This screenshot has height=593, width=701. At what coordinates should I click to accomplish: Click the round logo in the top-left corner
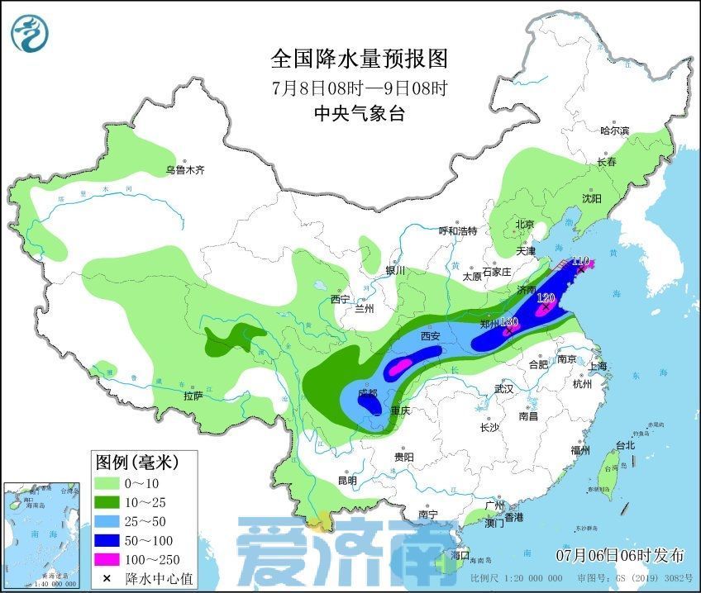30,33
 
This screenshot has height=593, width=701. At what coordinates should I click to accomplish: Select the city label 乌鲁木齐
184,170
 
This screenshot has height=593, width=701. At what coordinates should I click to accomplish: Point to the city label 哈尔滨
614,130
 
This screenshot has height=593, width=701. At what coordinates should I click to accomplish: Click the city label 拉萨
193,396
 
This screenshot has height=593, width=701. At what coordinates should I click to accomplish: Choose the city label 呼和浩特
457,231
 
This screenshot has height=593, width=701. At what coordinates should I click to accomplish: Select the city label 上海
597,366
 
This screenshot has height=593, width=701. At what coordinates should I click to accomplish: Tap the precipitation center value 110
580,260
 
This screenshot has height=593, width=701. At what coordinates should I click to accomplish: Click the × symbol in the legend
107,578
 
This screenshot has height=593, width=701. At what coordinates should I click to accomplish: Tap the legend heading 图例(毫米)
135,460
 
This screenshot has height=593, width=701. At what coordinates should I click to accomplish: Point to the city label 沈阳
591,198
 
